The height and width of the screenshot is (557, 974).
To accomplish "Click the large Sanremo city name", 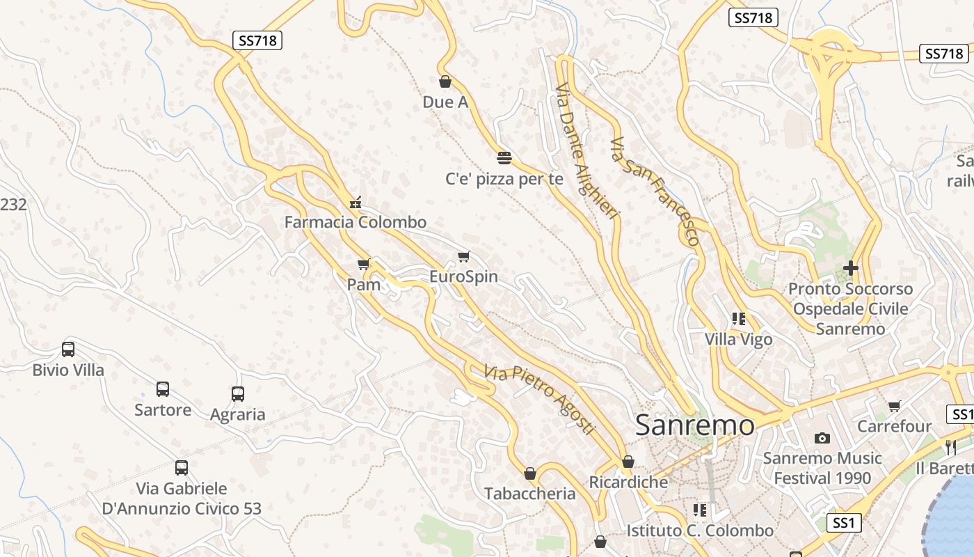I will [x=694, y=425].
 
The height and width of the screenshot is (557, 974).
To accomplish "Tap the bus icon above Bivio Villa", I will [x=68, y=350].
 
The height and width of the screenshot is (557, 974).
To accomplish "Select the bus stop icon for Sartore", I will [x=163, y=389].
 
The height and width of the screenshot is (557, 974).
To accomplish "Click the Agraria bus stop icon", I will [x=238, y=394].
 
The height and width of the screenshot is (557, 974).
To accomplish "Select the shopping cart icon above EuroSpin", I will [x=464, y=257].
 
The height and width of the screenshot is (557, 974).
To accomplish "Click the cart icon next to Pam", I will [x=363, y=264].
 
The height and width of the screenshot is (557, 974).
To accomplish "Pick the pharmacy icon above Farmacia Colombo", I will [x=356, y=203].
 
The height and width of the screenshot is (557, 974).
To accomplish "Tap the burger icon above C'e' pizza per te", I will [x=504, y=157].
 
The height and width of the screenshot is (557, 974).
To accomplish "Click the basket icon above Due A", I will [x=445, y=81].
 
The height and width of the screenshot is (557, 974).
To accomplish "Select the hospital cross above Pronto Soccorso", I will [x=850, y=268].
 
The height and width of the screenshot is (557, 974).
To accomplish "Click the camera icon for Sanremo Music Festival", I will [x=822, y=438].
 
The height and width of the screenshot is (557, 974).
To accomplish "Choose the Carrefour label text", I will [x=894, y=425].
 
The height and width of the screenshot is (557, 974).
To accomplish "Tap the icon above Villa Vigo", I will [x=739, y=319].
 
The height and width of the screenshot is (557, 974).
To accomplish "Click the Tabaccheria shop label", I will [x=530, y=494].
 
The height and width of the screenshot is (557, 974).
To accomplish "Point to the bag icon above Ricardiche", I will [x=628, y=462].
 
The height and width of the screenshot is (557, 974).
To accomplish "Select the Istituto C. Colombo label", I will [x=700, y=531].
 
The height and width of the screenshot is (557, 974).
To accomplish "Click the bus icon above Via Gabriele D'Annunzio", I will [x=182, y=468].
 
